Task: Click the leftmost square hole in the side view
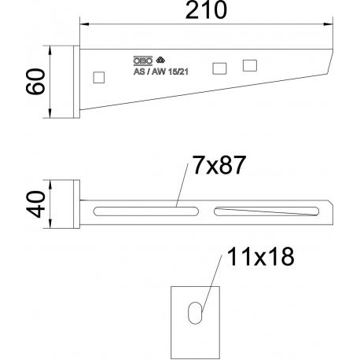[98, 77]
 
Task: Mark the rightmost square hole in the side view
[250, 64]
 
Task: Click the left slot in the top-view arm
[145, 210]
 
